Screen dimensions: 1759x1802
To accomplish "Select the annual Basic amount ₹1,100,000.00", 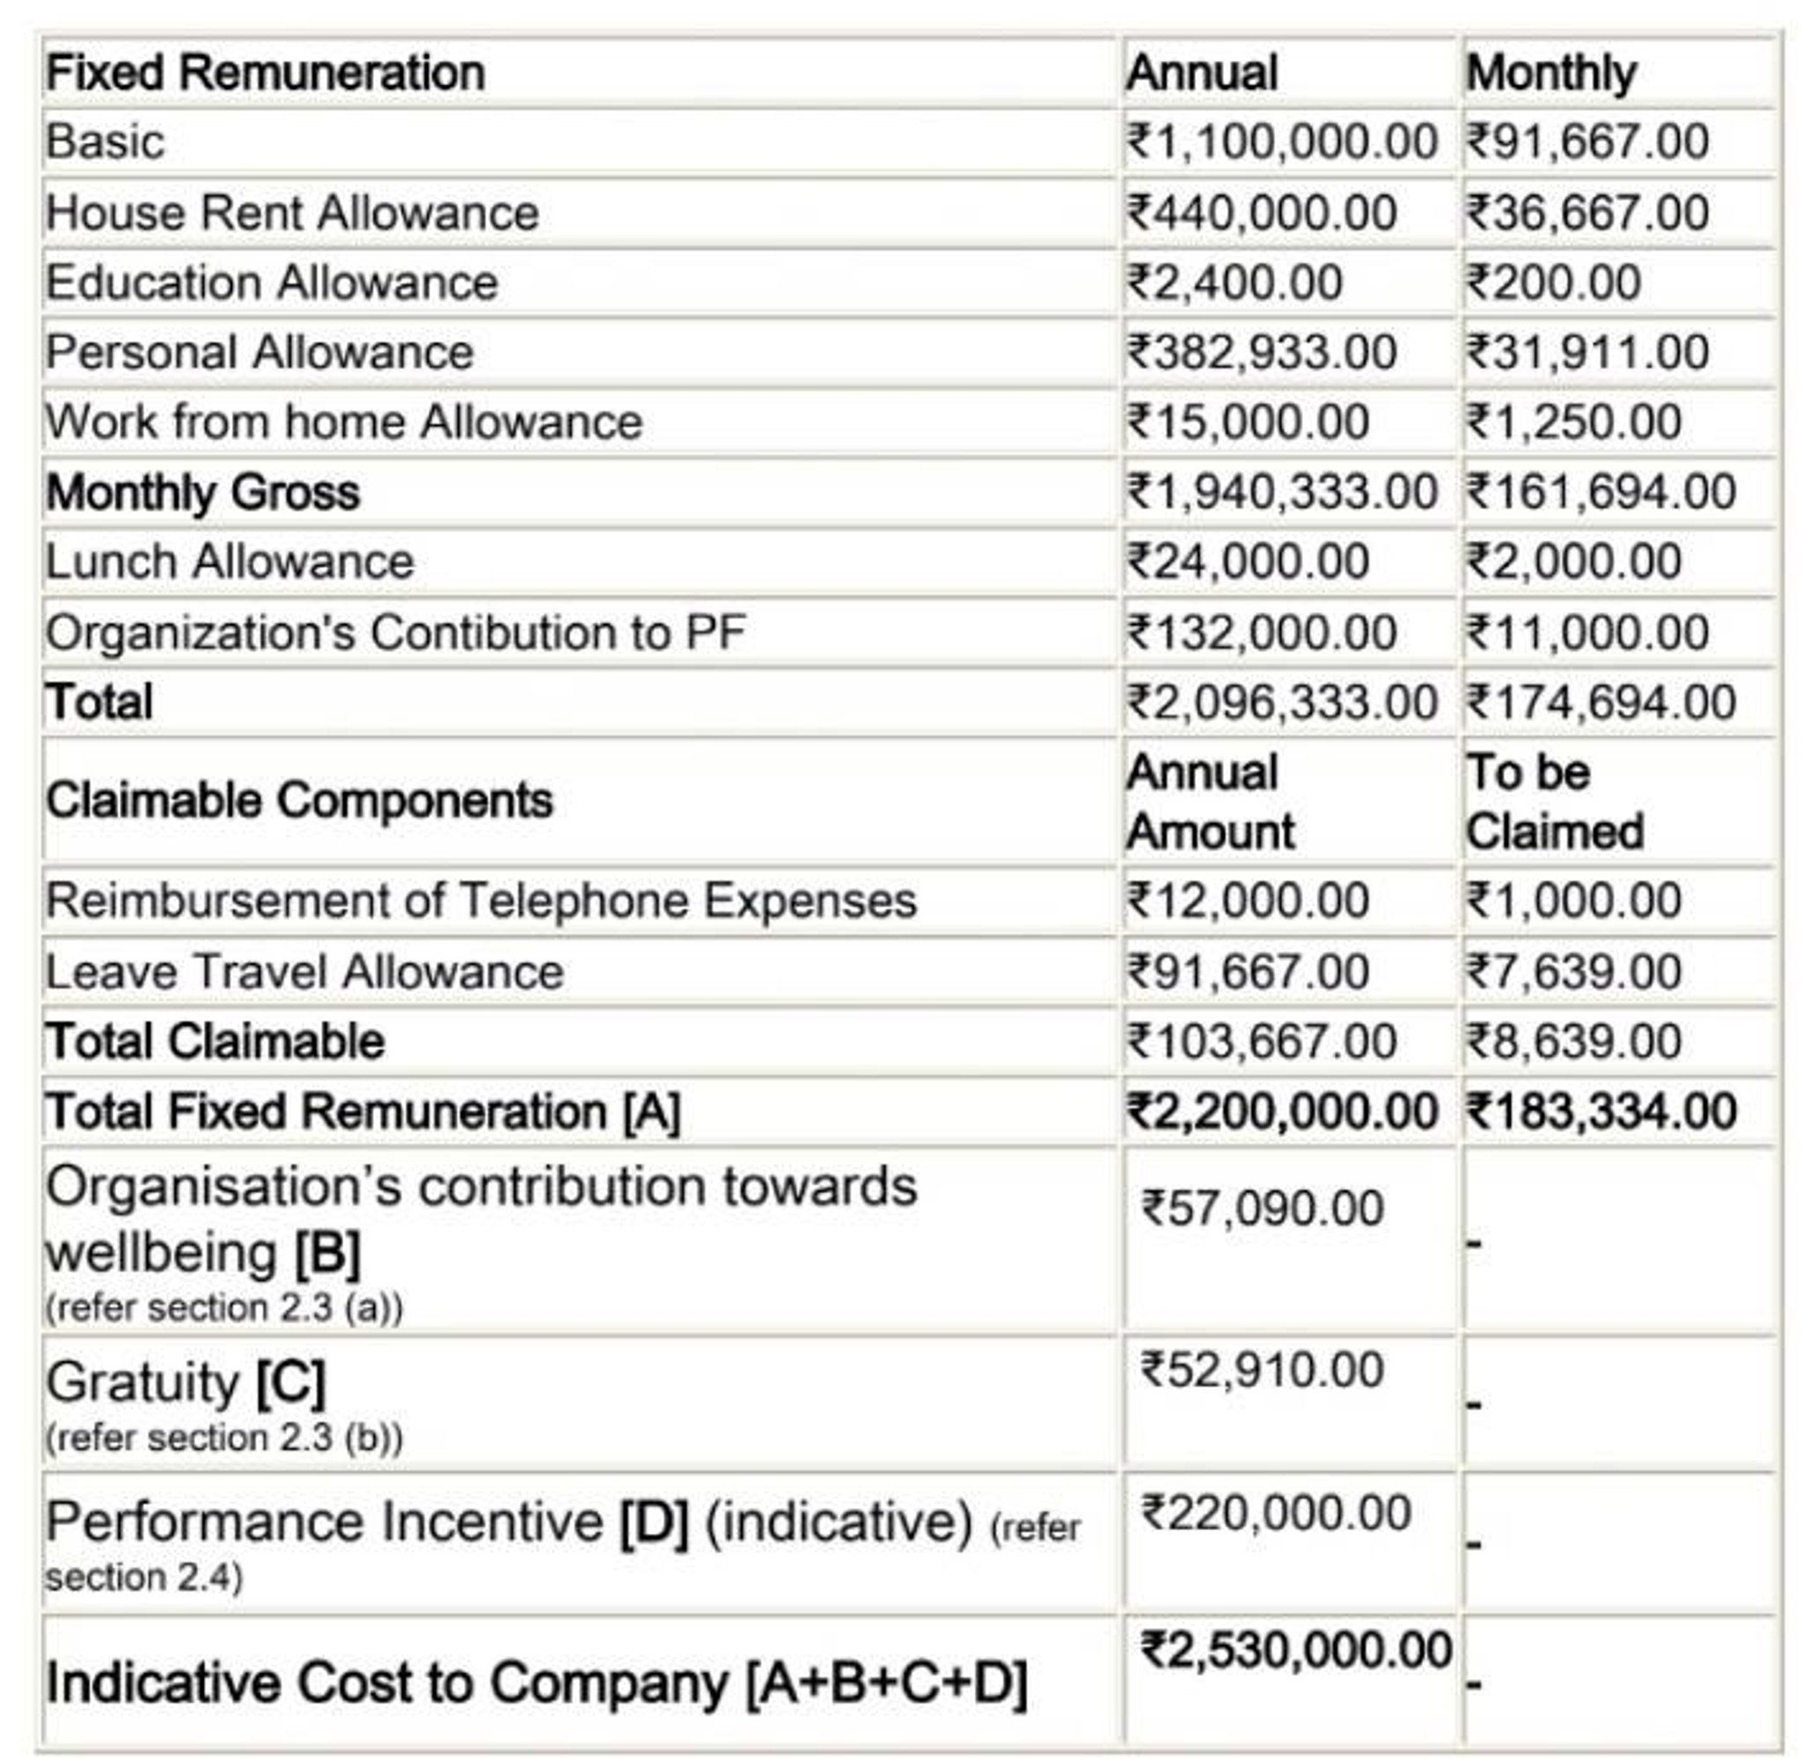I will [1281, 143].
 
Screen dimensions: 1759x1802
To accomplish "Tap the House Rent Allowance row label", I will [292, 212].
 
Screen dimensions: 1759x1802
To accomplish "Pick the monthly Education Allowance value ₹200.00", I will [1553, 282].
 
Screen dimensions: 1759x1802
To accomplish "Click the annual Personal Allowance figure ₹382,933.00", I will [1261, 353].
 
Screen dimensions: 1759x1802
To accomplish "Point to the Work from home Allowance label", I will [343, 422].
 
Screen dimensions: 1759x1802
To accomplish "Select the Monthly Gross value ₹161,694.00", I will [1601, 493].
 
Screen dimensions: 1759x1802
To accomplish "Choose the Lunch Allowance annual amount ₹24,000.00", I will [1247, 561].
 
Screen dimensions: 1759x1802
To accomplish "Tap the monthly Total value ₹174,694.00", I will [1601, 703].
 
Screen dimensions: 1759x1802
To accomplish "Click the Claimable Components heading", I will [299, 800].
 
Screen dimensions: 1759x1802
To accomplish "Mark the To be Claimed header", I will [1555, 801].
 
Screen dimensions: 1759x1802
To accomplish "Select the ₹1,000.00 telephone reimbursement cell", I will [1573, 901].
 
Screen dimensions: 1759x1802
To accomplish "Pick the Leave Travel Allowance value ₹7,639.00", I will [1573, 971].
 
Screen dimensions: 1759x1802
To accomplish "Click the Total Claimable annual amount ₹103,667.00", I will [1261, 1042].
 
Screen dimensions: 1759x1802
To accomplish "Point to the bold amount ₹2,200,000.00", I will [1281, 1111].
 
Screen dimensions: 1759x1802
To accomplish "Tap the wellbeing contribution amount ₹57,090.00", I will [1262, 1208].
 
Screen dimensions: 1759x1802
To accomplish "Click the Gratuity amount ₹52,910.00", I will [1262, 1370].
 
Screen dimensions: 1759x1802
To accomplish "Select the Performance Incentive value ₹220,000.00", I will [1276, 1513].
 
